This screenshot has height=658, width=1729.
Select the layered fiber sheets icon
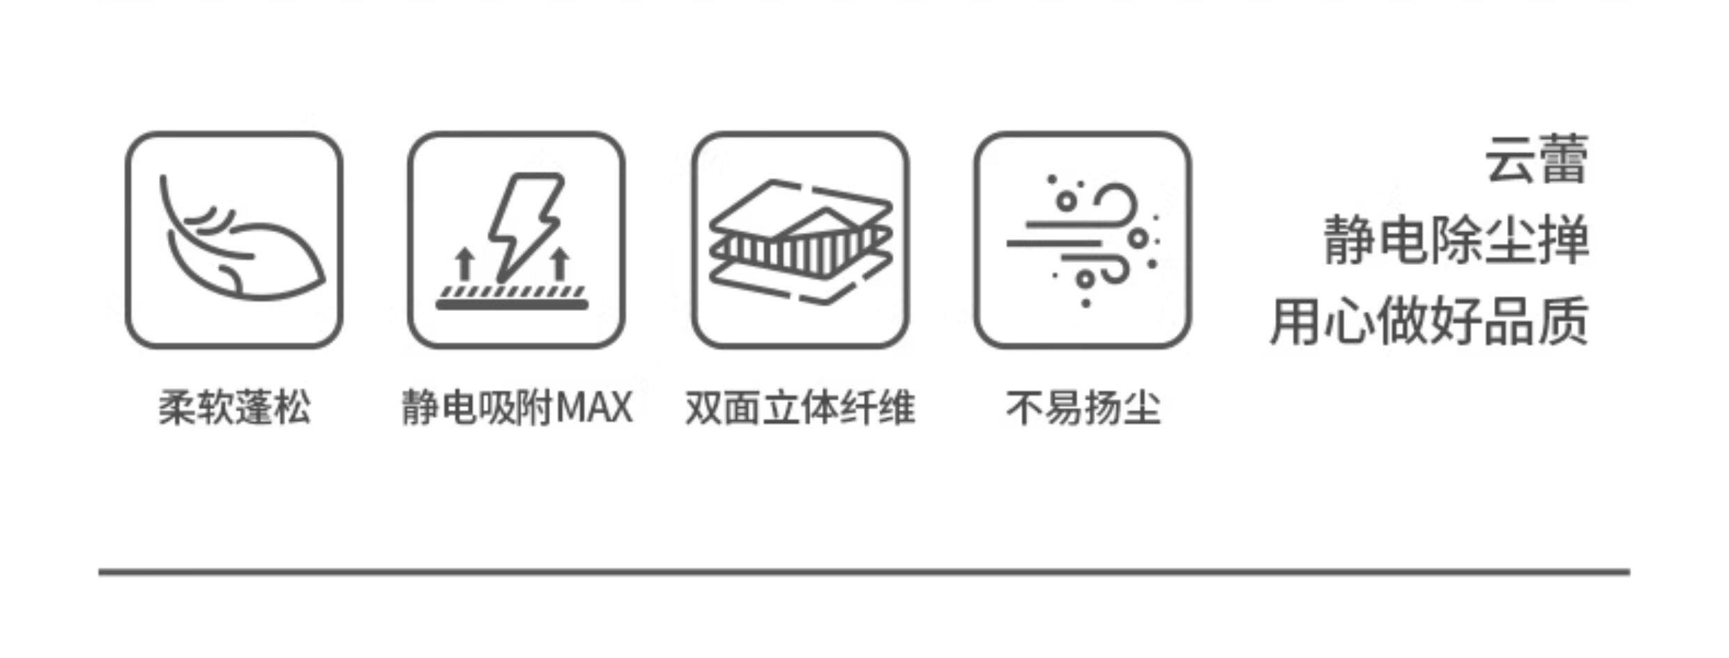coord(800,241)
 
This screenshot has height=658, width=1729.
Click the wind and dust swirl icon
coord(1083,240)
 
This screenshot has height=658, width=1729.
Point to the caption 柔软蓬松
coord(234,407)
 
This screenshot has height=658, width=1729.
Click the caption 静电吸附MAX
coord(517,407)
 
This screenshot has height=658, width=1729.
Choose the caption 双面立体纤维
coord(800,407)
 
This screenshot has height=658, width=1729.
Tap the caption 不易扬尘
coord(1083,407)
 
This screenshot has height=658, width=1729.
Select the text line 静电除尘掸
coord(1456,240)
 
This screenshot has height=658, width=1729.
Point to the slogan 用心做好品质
coord(1429,321)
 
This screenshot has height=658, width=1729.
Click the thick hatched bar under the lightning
coord(512,300)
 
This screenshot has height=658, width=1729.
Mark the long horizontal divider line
coord(864,572)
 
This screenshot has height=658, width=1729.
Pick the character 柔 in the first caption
coord(177,407)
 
